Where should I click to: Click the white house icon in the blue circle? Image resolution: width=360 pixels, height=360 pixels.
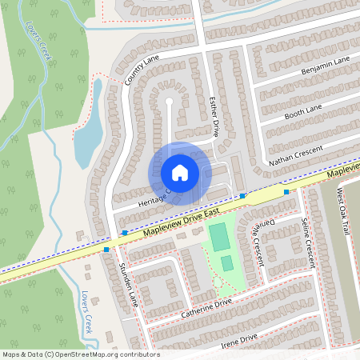(179, 173)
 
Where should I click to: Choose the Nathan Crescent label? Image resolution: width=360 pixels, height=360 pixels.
(295, 155)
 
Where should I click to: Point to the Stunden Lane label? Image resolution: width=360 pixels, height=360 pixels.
(128, 279)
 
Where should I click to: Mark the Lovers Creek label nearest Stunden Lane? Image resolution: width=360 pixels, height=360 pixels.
(87, 310)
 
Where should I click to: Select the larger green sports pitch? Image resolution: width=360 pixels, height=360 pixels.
(218, 237)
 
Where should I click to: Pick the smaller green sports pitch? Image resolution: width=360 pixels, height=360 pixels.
(227, 262)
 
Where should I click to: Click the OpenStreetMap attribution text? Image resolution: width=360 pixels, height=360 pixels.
(80, 354)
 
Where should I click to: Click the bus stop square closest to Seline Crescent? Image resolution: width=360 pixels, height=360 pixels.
(286, 191)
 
